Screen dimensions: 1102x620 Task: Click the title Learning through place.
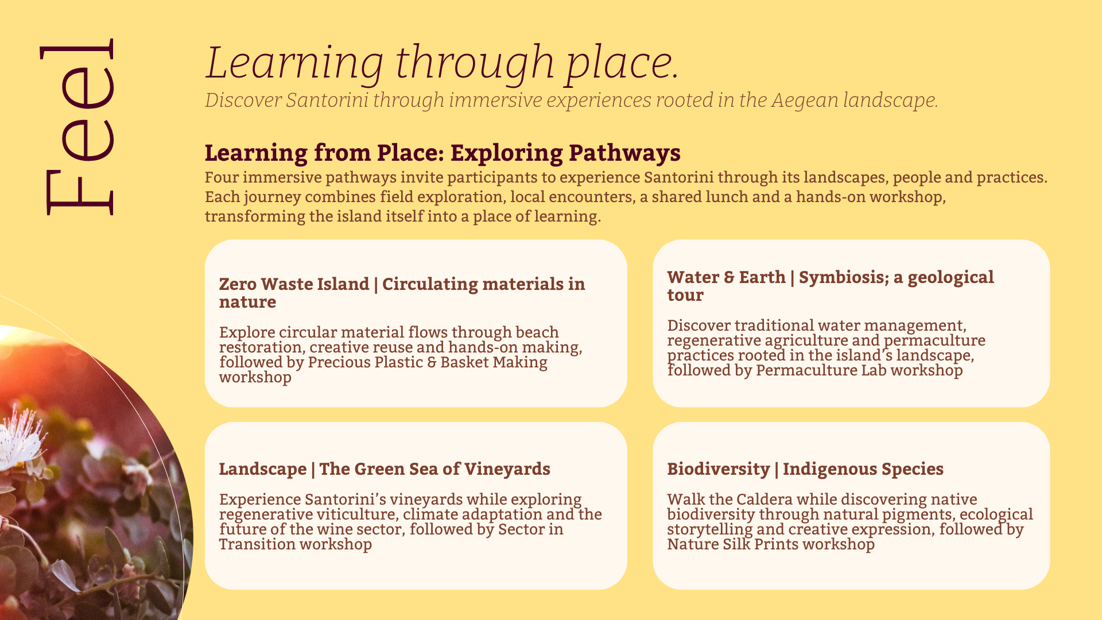[x=443, y=63]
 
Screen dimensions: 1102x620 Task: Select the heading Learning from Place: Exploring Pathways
[x=443, y=153]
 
